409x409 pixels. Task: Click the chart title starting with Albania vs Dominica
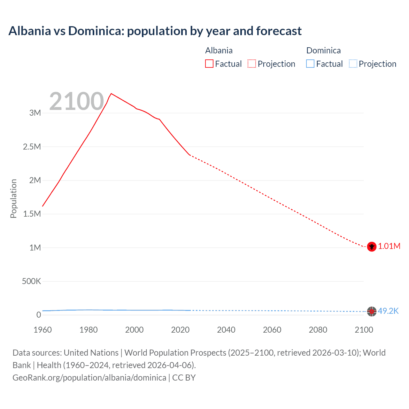point(155,31)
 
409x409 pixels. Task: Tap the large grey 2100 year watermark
point(76,101)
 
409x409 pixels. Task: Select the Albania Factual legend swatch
point(209,64)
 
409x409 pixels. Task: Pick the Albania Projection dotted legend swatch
point(252,64)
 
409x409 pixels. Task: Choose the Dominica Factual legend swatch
point(310,64)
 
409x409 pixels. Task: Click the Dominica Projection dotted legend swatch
point(353,64)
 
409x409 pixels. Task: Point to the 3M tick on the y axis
point(35,113)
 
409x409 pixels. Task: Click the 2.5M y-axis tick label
point(32,147)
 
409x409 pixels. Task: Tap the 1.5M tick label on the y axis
point(32,214)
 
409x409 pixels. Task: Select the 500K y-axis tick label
point(31,281)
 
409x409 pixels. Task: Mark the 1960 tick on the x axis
point(42,330)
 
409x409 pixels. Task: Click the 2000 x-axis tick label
point(134,330)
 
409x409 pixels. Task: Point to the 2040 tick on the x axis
point(226,330)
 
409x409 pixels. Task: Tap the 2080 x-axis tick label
point(318,330)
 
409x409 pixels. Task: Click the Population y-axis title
point(13,198)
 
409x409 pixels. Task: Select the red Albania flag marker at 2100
point(371,247)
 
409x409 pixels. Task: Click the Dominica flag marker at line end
point(371,311)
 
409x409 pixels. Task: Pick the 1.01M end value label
point(389,246)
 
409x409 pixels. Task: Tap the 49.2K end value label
point(388,311)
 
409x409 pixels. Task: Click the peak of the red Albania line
point(111,94)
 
